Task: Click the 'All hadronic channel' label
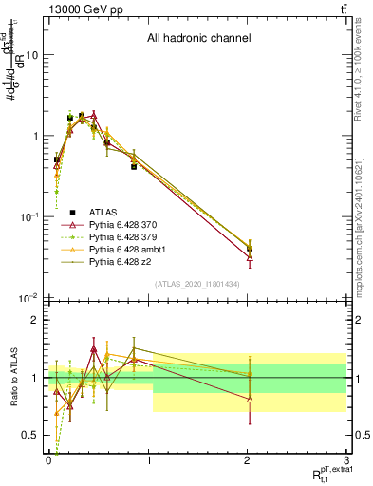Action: (x=198, y=39)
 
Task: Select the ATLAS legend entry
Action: (x=104, y=212)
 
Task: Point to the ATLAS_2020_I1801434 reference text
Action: (x=198, y=284)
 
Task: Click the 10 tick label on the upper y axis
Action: (x=32, y=55)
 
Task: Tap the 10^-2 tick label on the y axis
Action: (x=28, y=299)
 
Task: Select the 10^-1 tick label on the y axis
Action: (x=28, y=217)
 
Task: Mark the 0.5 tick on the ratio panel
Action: (x=33, y=436)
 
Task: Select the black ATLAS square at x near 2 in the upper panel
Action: (x=250, y=249)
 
